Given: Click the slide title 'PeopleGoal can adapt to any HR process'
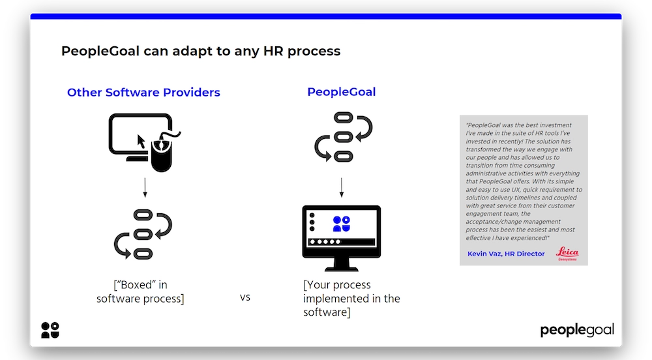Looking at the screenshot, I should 201,51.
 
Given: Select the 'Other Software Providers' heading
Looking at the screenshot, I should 143,93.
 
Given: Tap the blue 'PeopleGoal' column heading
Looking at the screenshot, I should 342,92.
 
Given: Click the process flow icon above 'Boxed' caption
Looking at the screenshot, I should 143,233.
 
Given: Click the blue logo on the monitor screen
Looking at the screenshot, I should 342,224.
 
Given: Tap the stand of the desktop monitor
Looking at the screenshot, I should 341,264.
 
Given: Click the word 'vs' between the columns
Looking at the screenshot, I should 245,297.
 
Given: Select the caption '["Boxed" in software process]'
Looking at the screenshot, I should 140,292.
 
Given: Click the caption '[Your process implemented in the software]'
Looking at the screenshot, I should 351,299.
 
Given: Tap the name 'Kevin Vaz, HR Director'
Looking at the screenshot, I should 506,254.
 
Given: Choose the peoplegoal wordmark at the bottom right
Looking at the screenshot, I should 577,330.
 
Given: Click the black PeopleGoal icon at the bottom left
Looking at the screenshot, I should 50,330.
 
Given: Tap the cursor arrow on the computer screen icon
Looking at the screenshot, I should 140,140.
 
